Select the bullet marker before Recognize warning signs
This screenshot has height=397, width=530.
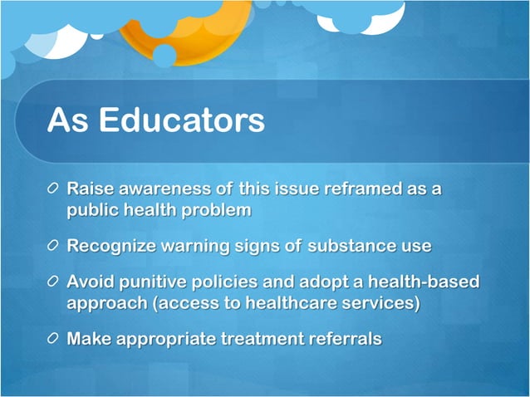[53, 247]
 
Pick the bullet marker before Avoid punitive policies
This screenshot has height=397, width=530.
[53, 282]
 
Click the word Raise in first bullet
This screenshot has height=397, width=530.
[89, 189]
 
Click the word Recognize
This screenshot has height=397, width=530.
[109, 246]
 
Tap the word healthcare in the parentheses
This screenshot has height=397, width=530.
[307, 303]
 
